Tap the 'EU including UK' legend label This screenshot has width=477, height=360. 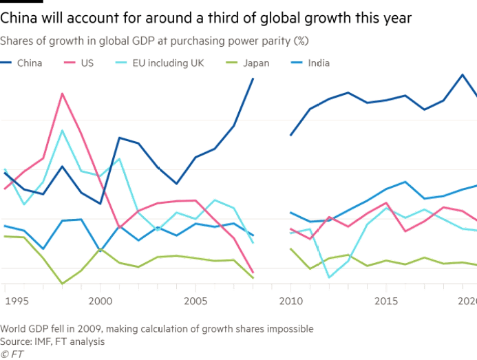point(159,63)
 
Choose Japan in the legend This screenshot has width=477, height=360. point(254,63)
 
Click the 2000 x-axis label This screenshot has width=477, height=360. point(100,301)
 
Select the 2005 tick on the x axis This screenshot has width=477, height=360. point(196,301)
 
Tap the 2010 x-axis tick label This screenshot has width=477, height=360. point(292,301)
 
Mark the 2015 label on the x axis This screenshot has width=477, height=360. point(387,301)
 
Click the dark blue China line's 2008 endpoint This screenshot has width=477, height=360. point(253,78)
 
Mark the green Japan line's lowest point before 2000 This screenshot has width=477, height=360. point(63,283)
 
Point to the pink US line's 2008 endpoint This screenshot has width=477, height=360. point(253,273)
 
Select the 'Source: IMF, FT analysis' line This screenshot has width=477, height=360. point(53,340)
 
